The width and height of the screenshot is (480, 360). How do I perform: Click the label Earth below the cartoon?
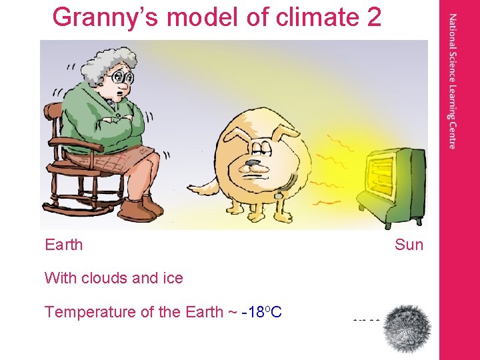tap(64, 245)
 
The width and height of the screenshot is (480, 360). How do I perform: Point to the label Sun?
tap(409, 245)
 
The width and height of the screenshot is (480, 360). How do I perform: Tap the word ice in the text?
tap(173, 278)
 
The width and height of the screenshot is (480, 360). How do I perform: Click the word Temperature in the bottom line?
tap(87, 311)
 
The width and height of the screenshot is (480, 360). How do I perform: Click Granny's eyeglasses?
tap(121, 78)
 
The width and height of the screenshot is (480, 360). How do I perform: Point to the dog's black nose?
tap(253, 163)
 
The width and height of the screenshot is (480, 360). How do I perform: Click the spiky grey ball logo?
tap(408, 328)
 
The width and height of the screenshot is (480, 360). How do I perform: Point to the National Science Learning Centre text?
tap(453, 80)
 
